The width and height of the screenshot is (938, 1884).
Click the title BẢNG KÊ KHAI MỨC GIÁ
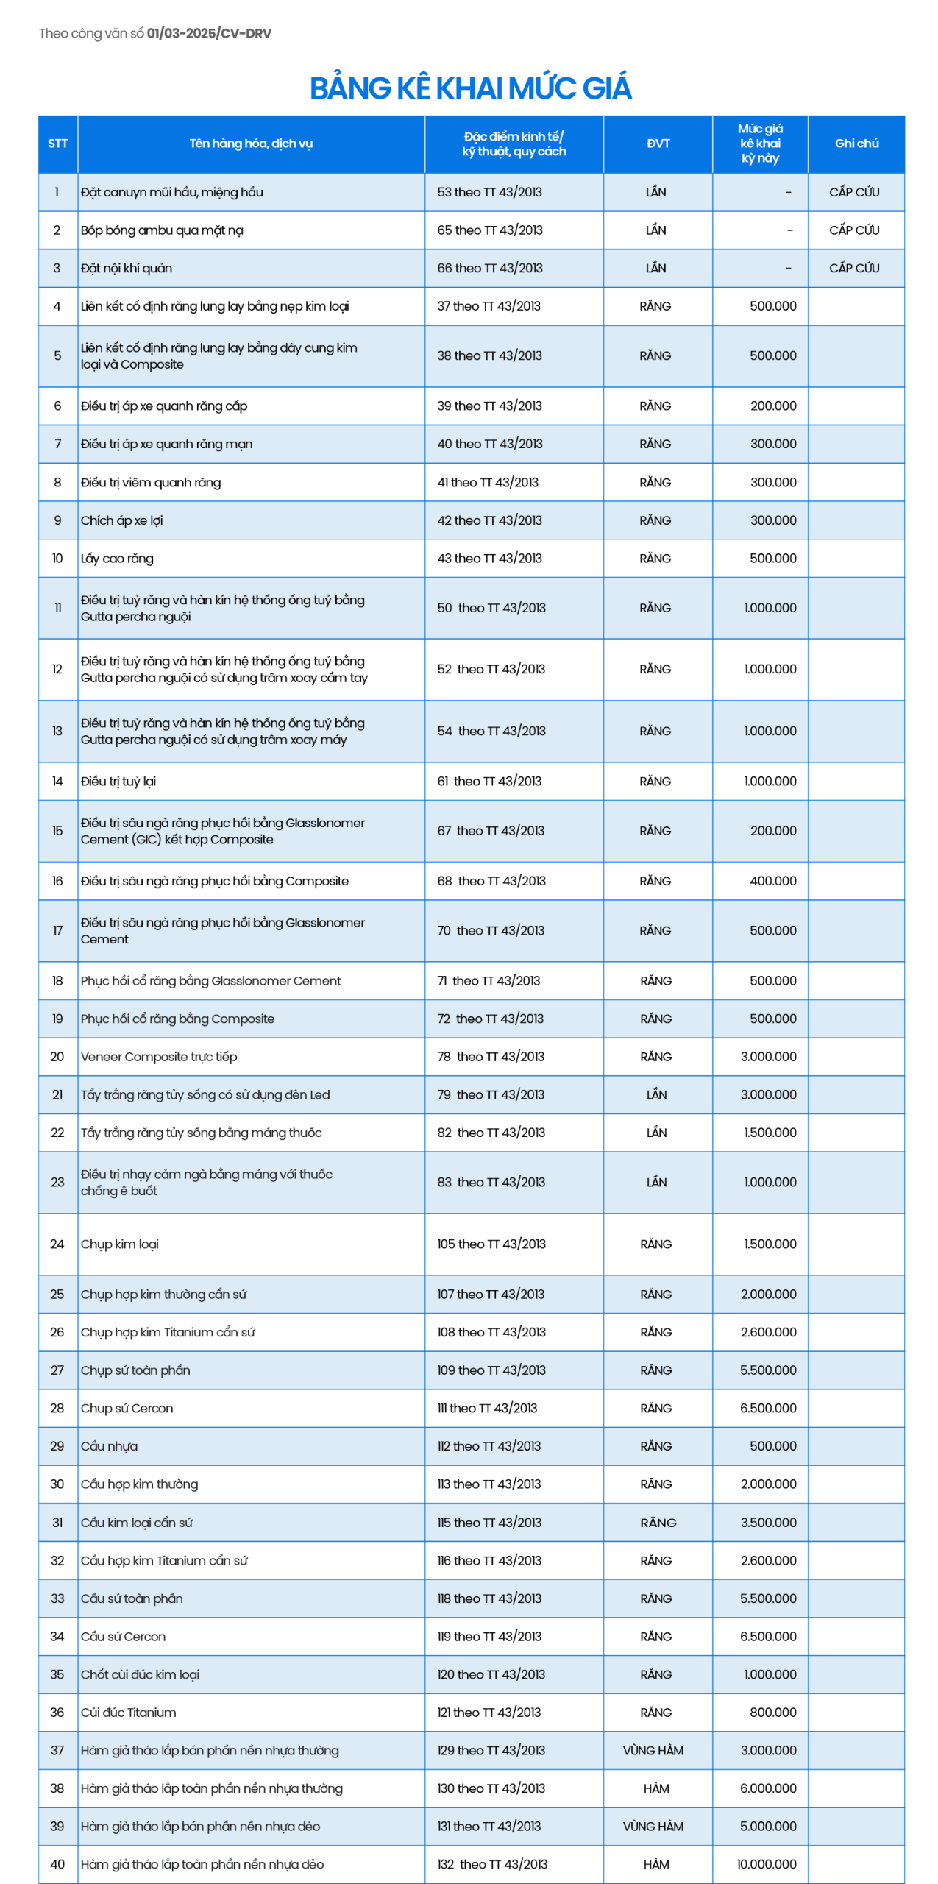470,88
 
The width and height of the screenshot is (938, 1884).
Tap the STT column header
57,144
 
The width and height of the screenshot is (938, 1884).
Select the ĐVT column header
658,144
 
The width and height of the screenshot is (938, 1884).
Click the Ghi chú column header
856,144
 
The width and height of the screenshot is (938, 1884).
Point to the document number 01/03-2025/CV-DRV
209,34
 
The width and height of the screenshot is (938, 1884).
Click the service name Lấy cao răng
117,559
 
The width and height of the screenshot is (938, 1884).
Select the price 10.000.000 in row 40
766,1864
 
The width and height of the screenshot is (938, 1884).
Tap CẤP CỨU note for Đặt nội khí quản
854,268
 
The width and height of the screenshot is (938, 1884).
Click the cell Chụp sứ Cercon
127,1408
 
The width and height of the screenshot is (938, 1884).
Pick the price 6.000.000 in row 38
768,1788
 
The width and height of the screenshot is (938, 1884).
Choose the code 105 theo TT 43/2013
491,1244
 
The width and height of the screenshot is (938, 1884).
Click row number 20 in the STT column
57,1057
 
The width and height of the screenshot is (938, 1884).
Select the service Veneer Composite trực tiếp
159,1057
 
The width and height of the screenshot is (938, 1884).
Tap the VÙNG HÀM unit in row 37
653,1750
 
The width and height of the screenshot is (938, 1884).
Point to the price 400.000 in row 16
772,881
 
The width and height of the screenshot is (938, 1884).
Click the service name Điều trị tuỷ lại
118,782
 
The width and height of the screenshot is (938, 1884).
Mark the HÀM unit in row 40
656,1864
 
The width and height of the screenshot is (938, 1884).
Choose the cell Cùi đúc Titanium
129,1713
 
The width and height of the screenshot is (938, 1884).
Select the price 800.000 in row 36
772,1713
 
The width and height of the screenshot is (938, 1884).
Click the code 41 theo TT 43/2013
488,483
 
